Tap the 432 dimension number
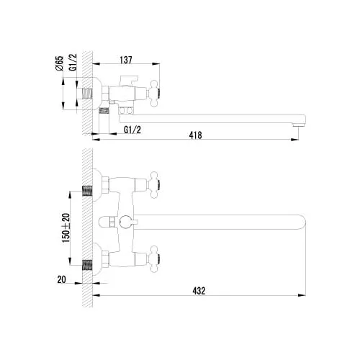[199, 291]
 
